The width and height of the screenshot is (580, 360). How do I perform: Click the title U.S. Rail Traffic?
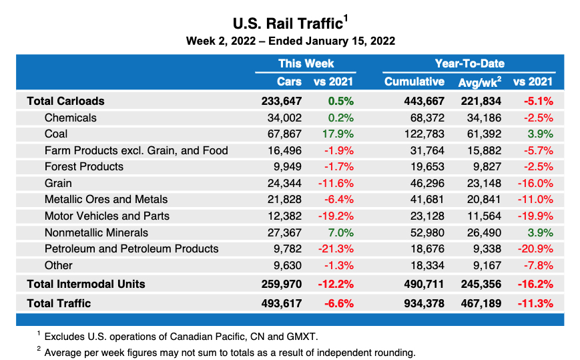coord(288,23)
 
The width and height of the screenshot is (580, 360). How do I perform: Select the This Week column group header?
coord(306,64)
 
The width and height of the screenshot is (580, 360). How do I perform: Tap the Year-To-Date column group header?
coord(469,64)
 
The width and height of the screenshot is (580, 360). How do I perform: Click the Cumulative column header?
coord(414,82)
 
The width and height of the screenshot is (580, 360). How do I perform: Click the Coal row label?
coord(56,134)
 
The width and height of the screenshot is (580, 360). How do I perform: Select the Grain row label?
coord(58,183)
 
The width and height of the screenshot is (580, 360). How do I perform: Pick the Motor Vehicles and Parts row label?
coord(107,216)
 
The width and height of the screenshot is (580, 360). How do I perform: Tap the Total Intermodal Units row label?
coord(85,284)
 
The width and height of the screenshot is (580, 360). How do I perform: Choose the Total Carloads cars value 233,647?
coord(282,102)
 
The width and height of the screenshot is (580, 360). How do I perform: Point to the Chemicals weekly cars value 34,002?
coord(285,118)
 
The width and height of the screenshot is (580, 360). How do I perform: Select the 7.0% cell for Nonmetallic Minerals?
coord(340,232)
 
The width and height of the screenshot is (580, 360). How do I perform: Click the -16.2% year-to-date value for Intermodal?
coord(535,284)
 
